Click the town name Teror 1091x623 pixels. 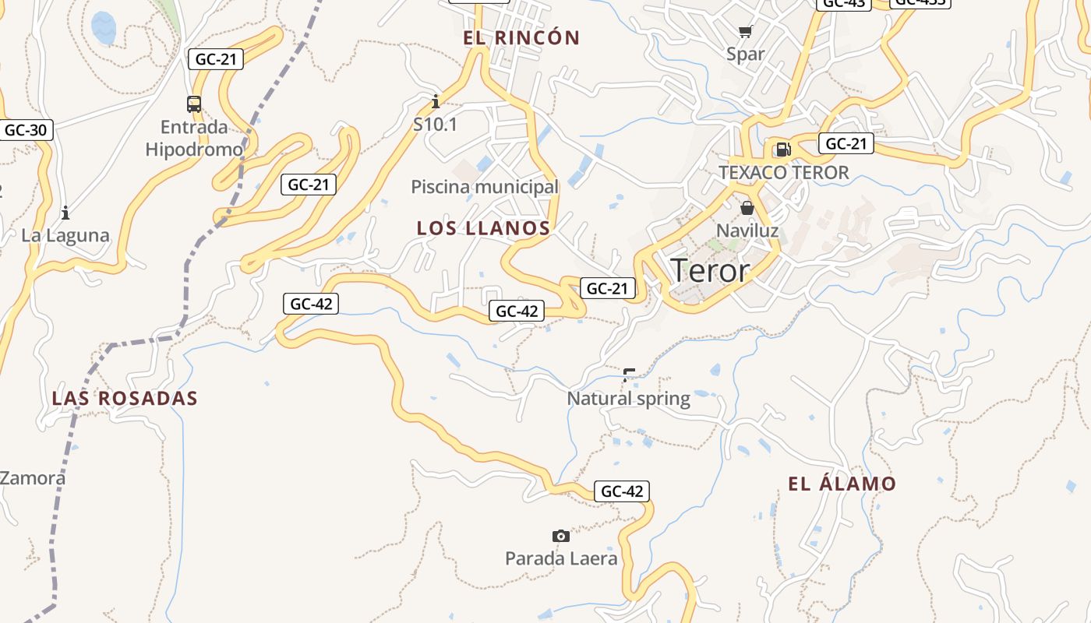click(709, 270)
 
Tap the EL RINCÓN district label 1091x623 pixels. click(521, 37)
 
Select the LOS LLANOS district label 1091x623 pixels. click(483, 228)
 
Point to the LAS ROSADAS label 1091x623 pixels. click(125, 399)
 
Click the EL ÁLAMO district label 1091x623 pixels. click(842, 484)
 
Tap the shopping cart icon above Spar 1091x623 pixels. click(746, 32)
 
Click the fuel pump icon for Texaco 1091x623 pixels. click(782, 150)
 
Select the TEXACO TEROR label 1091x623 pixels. click(783, 173)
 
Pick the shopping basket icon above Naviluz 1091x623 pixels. click(747, 208)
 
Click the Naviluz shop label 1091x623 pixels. click(747, 231)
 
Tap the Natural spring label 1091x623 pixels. click(628, 399)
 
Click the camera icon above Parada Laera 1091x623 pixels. click(560, 536)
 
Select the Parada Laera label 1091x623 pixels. click(561, 558)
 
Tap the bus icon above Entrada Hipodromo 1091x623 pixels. click(194, 104)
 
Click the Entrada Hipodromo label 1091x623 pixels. click(194, 138)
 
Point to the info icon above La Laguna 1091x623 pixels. click(65, 212)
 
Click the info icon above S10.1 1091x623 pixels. click(435, 101)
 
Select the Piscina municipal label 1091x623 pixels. click(485, 187)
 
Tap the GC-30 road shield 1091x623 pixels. click(26, 130)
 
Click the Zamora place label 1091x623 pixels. click(33, 478)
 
